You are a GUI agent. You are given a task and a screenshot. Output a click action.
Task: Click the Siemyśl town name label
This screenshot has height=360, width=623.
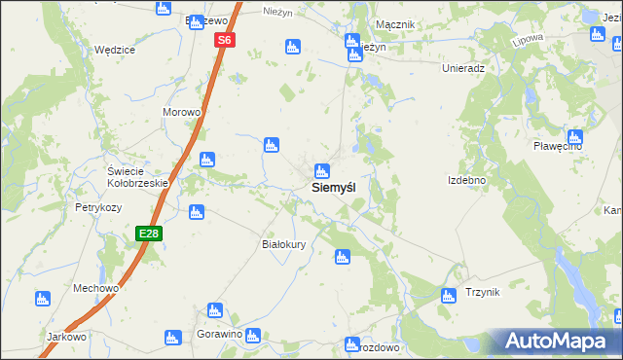(340, 187)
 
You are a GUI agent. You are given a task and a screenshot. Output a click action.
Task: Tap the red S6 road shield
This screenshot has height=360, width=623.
(225, 40)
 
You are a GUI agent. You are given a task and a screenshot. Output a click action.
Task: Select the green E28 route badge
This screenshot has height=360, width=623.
(148, 234)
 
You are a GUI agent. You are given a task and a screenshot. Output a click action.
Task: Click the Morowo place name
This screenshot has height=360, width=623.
(181, 112)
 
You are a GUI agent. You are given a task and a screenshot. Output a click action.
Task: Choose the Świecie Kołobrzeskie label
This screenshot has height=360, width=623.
(138, 177)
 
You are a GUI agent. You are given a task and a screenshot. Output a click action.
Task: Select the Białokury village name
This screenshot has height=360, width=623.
(284, 244)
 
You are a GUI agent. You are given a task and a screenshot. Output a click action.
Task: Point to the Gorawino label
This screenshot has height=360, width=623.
(217, 334)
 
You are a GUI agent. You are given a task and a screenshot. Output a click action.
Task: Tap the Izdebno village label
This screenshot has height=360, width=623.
(466, 180)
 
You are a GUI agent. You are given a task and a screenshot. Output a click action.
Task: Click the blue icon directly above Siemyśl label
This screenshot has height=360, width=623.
(321, 169)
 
